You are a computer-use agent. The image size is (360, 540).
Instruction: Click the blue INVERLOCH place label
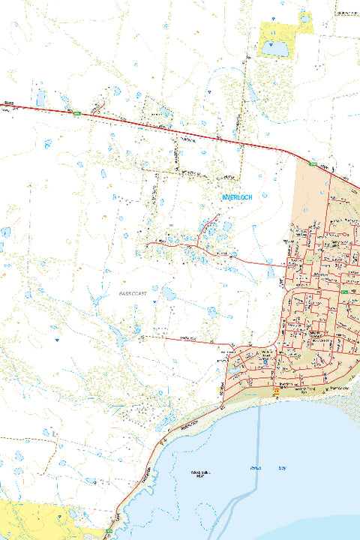[x=237, y=196]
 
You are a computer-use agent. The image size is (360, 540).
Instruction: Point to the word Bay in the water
[x=283, y=467]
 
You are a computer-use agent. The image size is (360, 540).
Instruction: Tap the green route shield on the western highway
[x=76, y=113]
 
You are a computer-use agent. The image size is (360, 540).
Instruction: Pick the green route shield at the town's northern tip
[x=314, y=163]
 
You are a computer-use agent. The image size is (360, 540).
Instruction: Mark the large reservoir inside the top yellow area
[x=274, y=49]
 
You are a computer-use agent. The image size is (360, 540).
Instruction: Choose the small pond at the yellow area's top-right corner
[x=304, y=17]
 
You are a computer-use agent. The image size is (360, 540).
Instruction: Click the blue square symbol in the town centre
[x=264, y=361]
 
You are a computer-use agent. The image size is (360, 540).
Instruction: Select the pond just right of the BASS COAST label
[x=168, y=293]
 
